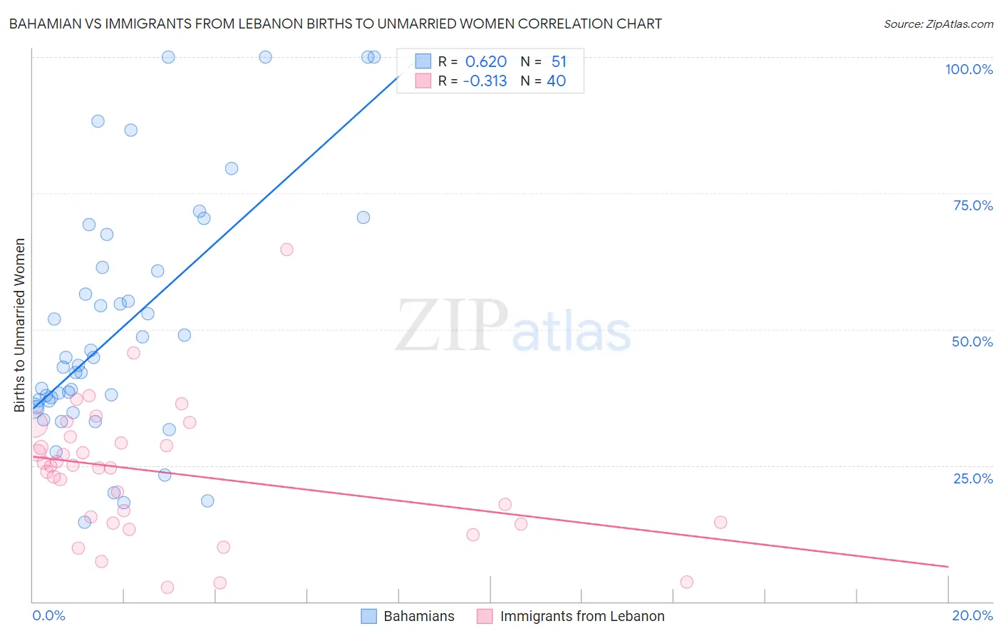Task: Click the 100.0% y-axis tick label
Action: coord(969,69)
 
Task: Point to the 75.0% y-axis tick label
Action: coord(973,205)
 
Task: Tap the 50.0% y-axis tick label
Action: coord(972,342)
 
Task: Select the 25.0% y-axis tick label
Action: coord(973,478)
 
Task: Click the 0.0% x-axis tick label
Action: coord(48,615)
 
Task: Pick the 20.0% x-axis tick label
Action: coord(972,615)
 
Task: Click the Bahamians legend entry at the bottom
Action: coord(408,616)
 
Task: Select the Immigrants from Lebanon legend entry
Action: coord(571,616)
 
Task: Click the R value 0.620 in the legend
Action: coord(486,62)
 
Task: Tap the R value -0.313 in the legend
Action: coord(485,81)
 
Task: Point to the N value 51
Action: coord(559,62)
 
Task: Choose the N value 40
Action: coord(556,81)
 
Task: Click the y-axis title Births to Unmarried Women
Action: coord(20,325)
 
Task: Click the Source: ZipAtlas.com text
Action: coord(938,24)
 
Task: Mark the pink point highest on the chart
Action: coord(286,250)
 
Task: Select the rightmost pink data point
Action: coord(720,522)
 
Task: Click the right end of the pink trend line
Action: coord(948,567)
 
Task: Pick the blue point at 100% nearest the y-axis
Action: coord(168,57)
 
